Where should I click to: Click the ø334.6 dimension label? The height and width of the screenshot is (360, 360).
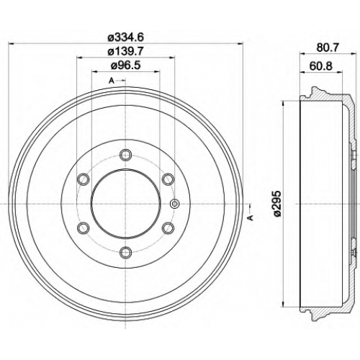125,37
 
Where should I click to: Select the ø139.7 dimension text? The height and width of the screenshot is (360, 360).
125,51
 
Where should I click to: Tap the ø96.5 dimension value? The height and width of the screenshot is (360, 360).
125,66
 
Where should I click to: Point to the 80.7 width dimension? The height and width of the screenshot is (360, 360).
328,48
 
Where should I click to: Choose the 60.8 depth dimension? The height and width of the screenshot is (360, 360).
321,66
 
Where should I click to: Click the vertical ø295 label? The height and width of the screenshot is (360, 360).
277,204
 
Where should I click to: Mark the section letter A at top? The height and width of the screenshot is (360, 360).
111,81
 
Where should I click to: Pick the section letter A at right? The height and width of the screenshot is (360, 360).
251,217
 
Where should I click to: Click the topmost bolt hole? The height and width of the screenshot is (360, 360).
125,155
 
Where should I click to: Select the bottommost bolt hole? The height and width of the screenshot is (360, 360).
125,252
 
